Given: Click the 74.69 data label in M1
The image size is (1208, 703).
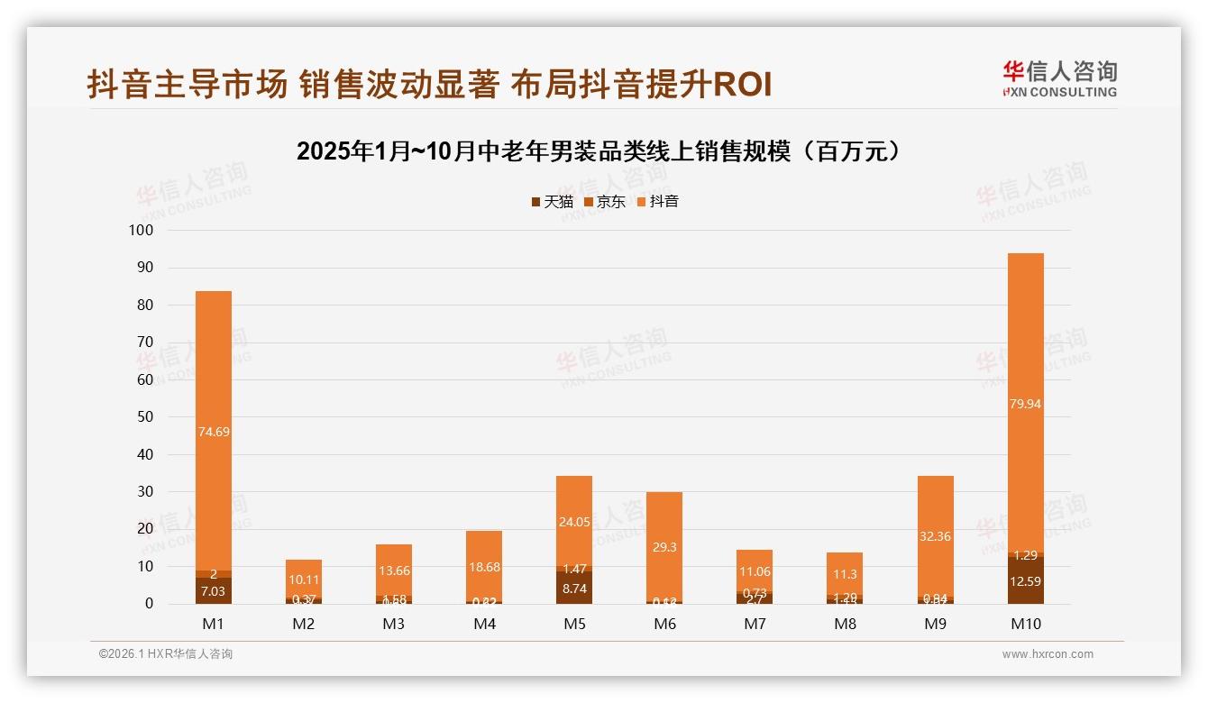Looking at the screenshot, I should [x=214, y=432].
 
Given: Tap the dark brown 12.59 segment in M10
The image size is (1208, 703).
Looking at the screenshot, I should [x=1025, y=581].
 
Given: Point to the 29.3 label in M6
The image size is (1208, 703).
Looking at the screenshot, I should [x=664, y=547].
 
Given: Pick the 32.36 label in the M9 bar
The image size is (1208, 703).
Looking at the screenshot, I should [x=935, y=536].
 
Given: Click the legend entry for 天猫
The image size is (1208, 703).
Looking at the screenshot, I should [x=552, y=202].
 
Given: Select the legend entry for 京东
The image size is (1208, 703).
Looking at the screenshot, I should [x=605, y=202].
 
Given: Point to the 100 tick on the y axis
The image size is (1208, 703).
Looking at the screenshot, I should [x=142, y=231].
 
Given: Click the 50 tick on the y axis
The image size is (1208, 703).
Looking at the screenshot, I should [x=145, y=417].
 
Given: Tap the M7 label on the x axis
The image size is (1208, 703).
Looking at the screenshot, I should [x=755, y=624].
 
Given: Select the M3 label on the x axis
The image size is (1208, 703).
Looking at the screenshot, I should [x=394, y=624].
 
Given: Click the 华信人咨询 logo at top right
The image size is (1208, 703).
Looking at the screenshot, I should [x=1059, y=78].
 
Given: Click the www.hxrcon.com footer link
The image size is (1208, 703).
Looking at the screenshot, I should [x=1048, y=654].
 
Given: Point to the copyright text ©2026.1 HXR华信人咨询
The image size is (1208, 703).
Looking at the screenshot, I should [x=166, y=654].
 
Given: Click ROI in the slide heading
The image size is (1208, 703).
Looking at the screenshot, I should [x=742, y=86].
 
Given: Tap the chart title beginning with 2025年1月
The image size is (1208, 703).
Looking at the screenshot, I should [x=599, y=151].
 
